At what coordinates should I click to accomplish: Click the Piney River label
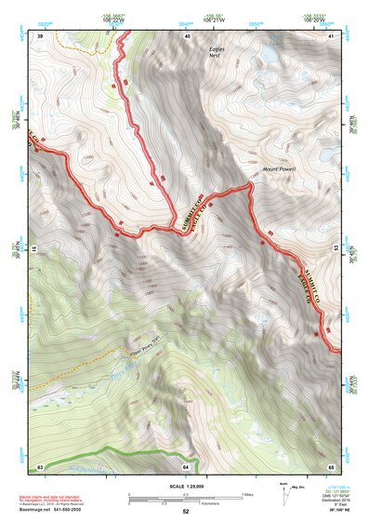[x=122, y=374]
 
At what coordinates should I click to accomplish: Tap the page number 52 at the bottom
[x=185, y=512]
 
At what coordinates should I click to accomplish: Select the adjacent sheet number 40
[x=187, y=35]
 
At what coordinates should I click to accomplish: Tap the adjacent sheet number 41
[x=331, y=35]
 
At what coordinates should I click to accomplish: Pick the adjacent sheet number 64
[x=186, y=465]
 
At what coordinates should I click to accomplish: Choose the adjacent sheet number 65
[x=331, y=465]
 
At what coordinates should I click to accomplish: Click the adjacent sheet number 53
[x=333, y=250]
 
